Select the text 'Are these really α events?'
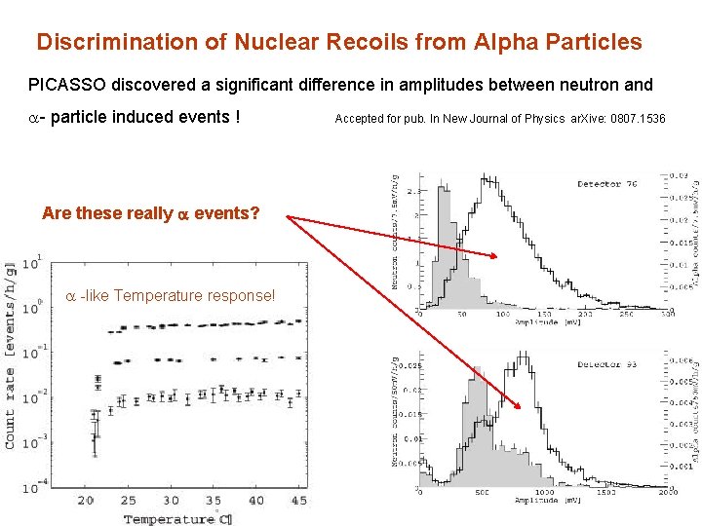[150, 213]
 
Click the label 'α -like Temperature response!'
[170, 295]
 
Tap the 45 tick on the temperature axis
[298, 500]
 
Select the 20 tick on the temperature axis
[86, 500]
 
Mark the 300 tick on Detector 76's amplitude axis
[667, 314]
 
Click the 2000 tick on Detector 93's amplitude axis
[666, 493]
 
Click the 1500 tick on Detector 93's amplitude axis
[604, 493]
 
